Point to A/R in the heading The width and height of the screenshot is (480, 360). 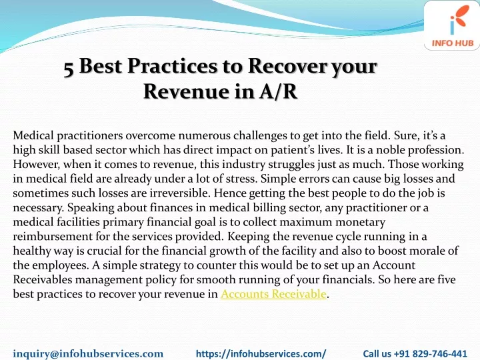(x=278, y=91)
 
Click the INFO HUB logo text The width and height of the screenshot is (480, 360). (x=453, y=43)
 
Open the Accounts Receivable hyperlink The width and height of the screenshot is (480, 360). (x=273, y=294)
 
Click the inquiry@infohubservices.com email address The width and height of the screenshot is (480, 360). (x=88, y=353)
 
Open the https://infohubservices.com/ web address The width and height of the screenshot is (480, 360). (x=261, y=353)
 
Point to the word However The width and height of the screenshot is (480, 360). (x=37, y=165)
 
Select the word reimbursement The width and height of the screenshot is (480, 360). (x=53, y=236)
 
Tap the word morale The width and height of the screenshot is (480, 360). (x=426, y=251)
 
